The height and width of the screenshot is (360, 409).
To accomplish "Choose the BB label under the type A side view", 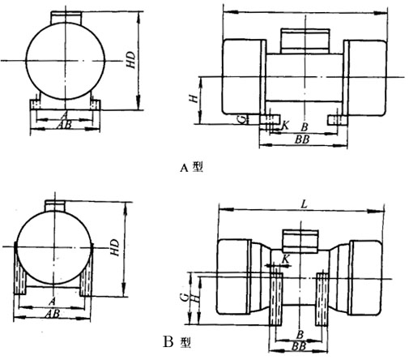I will coord(304,140).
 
